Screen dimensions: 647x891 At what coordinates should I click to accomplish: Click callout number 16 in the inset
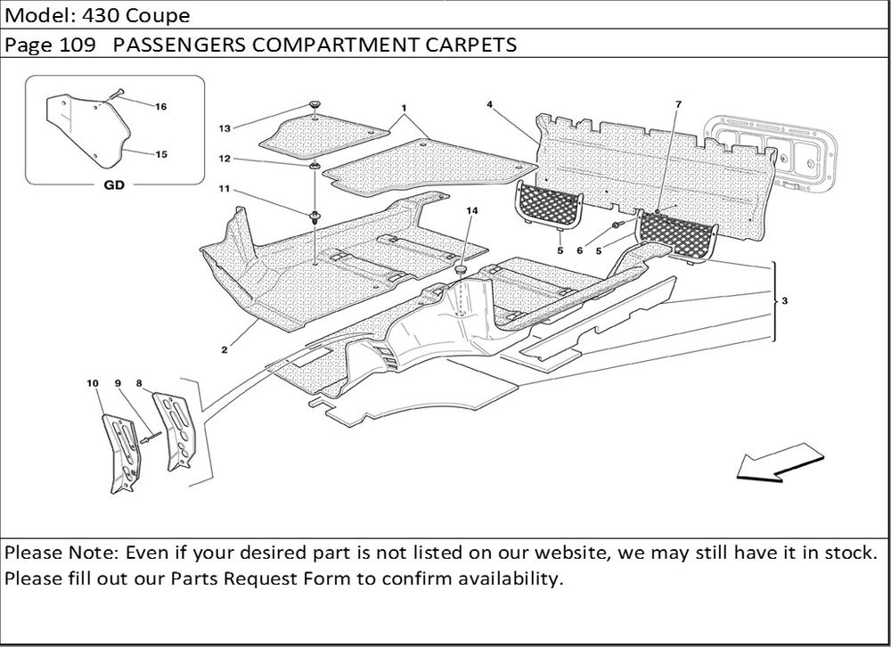point(161,107)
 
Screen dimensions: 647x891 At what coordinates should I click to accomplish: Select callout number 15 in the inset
point(161,154)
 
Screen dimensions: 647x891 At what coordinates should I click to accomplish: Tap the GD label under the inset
point(113,186)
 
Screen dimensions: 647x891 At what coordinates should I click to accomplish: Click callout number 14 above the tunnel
point(471,211)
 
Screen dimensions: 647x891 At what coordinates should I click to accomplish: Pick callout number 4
point(490,104)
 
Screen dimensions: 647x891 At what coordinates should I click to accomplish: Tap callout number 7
point(678,105)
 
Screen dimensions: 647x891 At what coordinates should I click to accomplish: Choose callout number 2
point(224,349)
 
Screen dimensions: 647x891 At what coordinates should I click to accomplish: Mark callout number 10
point(92,382)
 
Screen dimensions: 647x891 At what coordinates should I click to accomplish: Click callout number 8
point(139,382)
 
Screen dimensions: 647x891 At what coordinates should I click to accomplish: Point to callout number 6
point(579,251)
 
